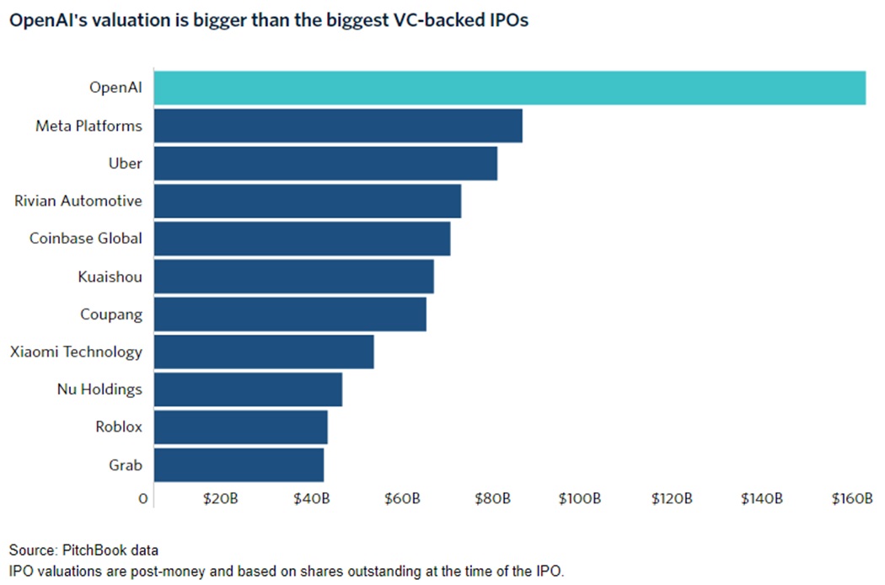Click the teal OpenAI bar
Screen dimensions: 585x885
tap(509, 89)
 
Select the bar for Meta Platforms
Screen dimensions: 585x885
tap(338, 126)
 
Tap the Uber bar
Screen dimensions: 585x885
tap(325, 164)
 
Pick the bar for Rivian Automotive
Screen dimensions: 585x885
tap(308, 201)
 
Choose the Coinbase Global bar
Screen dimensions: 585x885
tap(302, 239)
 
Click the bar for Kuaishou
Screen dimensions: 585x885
tap(293, 276)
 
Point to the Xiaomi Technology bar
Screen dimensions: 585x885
tap(264, 352)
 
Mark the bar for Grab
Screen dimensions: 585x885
tap(239, 464)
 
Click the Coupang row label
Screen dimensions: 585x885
tap(111, 314)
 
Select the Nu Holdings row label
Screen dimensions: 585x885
tap(99, 389)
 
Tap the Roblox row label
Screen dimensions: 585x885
tap(119, 427)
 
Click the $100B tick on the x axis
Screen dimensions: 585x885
tap(580, 499)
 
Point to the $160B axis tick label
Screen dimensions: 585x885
tap(851, 499)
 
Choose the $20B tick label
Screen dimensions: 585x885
tap(221, 499)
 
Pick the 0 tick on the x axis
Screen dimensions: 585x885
tap(144, 499)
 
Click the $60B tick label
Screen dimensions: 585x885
tap(401, 499)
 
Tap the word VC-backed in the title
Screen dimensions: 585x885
tap(429, 21)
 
